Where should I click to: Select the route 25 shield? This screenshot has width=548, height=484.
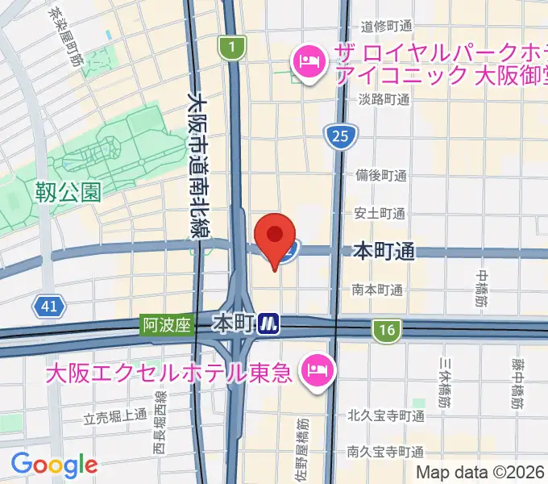pyautogui.click(x=339, y=138)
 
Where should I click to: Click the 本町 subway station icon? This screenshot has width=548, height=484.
pyautogui.click(x=268, y=324)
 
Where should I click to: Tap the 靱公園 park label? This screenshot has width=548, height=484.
pyautogui.click(x=68, y=192)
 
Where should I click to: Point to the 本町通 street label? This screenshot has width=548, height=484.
pyautogui.click(x=384, y=252)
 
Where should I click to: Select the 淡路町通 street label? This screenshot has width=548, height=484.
pyautogui.click(x=384, y=101)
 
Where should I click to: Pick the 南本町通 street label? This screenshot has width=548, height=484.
pyautogui.click(x=377, y=289)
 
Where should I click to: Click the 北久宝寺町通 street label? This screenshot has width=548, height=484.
pyautogui.click(x=386, y=416)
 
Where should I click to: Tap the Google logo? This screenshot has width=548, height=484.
pyautogui.click(x=54, y=465)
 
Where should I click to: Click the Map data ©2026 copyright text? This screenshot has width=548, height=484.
pyautogui.click(x=480, y=474)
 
